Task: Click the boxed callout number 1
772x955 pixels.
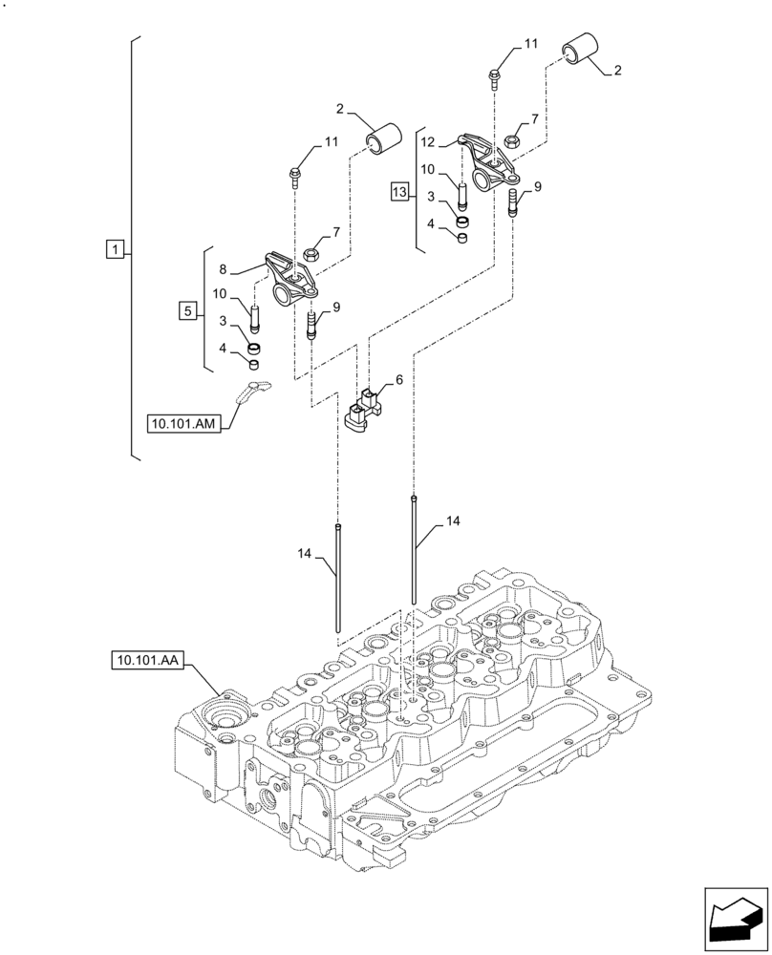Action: pyautogui.click(x=114, y=250)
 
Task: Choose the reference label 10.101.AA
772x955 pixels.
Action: pyautogui.click(x=150, y=659)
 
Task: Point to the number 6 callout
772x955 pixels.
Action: pyautogui.click(x=398, y=380)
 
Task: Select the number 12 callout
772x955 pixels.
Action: pyautogui.click(x=427, y=141)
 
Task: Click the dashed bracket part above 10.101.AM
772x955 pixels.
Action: pyautogui.click(x=251, y=391)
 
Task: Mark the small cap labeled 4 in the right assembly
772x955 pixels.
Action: pyautogui.click(x=461, y=238)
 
